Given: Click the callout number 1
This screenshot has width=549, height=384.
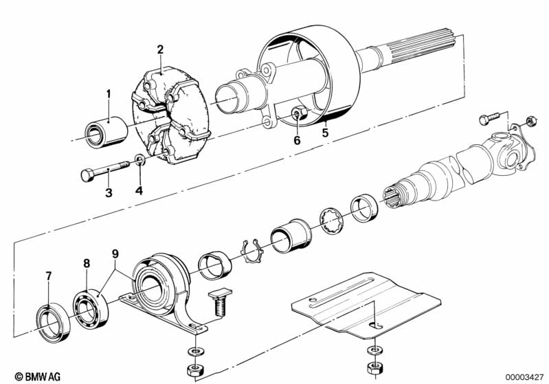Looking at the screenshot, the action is click(x=108, y=93).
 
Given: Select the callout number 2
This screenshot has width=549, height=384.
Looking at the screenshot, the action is click(x=160, y=49).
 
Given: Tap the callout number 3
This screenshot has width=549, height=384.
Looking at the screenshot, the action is click(x=109, y=193).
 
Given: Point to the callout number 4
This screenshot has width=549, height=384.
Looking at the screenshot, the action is click(x=140, y=190).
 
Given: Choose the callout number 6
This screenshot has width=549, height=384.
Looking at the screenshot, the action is click(x=297, y=141).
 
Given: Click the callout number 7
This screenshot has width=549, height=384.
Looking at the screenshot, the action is click(x=48, y=276).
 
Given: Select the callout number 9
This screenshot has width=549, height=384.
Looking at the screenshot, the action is click(x=115, y=253).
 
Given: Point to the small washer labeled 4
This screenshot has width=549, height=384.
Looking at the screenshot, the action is click(x=139, y=160).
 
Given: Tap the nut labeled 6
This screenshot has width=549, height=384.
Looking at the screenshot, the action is click(x=297, y=113).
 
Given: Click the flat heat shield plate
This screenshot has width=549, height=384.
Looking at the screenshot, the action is click(x=364, y=302).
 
